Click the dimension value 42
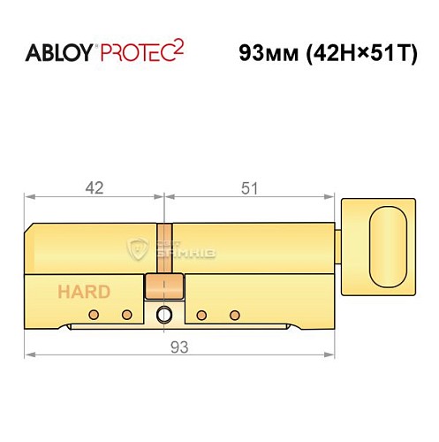(95, 187)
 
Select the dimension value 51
(251, 187)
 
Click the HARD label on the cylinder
(85, 293)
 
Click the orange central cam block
(163, 286)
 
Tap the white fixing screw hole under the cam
(163, 316)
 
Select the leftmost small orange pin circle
(92, 315)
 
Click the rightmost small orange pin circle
(234, 315)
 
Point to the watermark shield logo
(137, 250)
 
